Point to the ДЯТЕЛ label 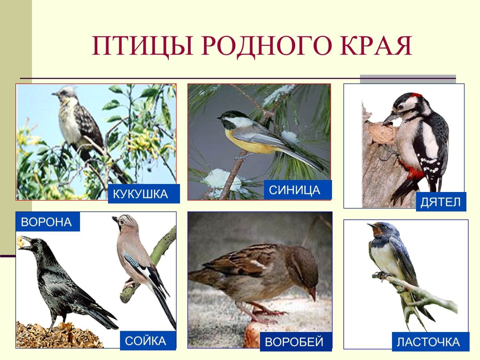pos(440,202)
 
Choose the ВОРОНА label pos(46,222)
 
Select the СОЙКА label pos(145,341)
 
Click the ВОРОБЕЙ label pos(294,342)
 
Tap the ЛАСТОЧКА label pos(428,342)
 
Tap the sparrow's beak pos(312,295)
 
